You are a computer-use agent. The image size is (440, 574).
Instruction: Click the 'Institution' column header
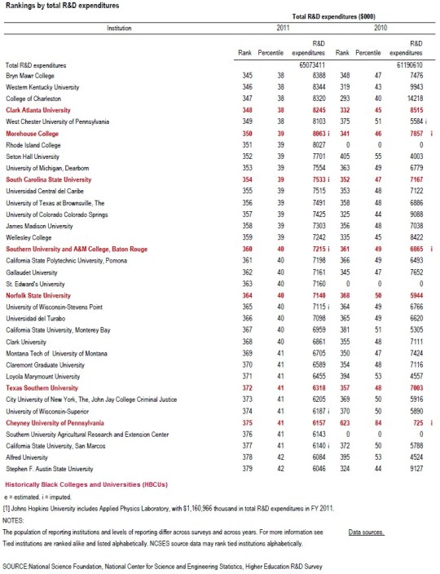pyautogui.click(x=119, y=28)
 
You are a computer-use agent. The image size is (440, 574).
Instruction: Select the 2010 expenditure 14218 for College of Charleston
pyautogui.click(x=413, y=97)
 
